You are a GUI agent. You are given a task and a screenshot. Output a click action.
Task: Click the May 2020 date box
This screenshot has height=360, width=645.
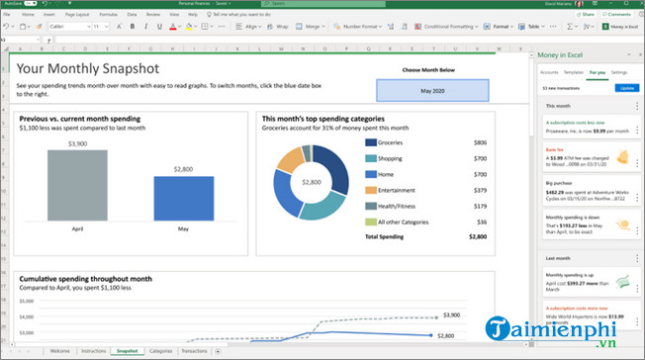(432, 91)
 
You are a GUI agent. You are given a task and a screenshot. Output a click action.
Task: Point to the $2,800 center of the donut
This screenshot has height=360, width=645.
(312, 183)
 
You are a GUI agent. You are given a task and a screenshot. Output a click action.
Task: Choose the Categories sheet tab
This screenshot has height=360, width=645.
(160, 351)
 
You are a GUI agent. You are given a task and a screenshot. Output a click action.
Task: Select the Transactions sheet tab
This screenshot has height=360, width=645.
(195, 351)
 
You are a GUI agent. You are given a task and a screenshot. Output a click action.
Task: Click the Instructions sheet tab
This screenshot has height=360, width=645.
(93, 351)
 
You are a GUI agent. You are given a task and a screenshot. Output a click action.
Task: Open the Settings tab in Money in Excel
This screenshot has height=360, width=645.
(619, 73)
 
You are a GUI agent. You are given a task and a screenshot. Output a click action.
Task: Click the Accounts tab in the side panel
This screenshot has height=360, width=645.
(549, 73)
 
